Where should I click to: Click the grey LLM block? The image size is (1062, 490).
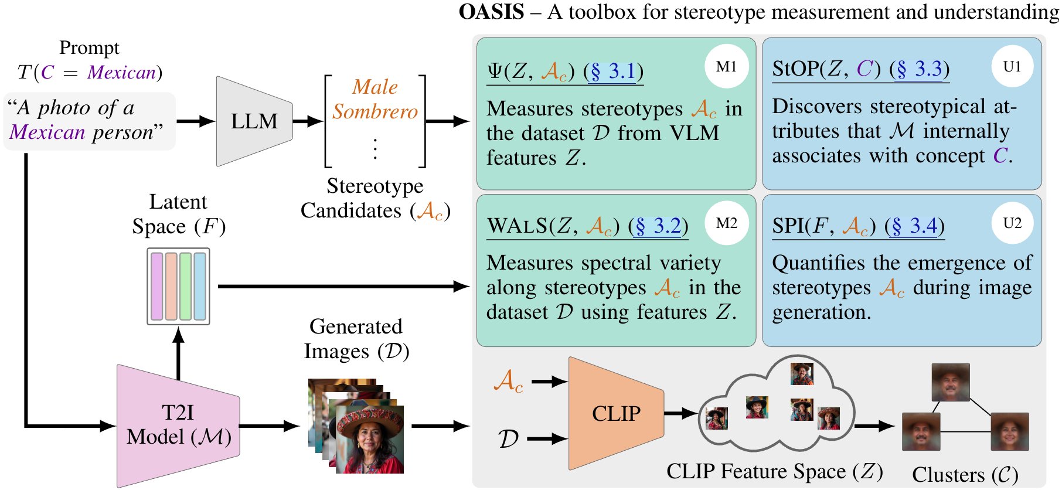254,121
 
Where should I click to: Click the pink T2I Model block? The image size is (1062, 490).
178,426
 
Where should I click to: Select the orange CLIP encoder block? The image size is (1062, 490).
616,414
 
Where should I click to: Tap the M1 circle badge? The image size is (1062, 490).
727,67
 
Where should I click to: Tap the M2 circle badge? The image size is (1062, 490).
727,223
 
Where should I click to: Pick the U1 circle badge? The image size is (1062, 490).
1012,67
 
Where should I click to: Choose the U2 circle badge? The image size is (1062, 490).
1012,223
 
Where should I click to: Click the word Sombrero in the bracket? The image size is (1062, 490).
375,111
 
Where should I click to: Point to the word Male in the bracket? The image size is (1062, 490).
375,87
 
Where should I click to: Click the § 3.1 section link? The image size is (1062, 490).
613,72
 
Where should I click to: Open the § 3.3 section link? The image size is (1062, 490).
920,69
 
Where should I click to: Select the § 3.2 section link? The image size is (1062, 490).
658,226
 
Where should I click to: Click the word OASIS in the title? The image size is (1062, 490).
491,12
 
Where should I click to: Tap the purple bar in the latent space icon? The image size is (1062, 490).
156,286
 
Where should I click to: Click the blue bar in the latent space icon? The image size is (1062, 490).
200,286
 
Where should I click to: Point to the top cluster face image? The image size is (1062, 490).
951,382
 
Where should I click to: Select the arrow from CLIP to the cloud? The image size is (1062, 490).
681,413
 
